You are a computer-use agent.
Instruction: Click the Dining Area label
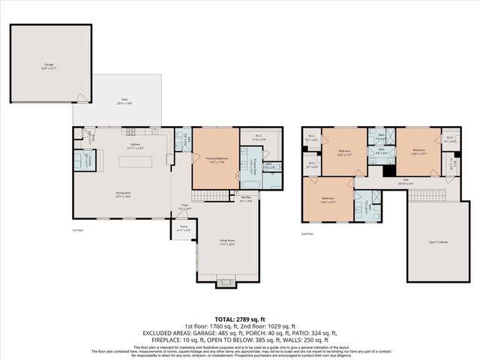pos(124,194)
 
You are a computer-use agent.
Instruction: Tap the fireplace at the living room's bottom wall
pos(225,283)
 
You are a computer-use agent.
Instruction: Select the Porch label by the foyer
pos(183,227)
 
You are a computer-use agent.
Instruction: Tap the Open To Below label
pos(439,242)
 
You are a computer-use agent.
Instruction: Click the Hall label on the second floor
pos(405,181)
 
